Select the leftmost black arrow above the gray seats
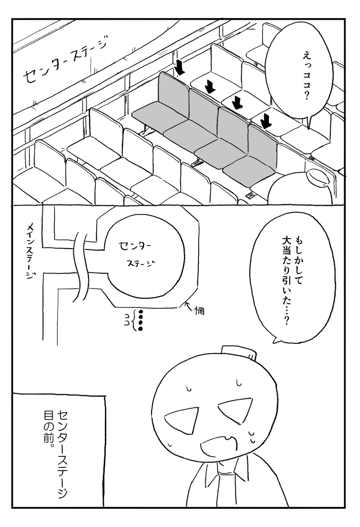point(180,68)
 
